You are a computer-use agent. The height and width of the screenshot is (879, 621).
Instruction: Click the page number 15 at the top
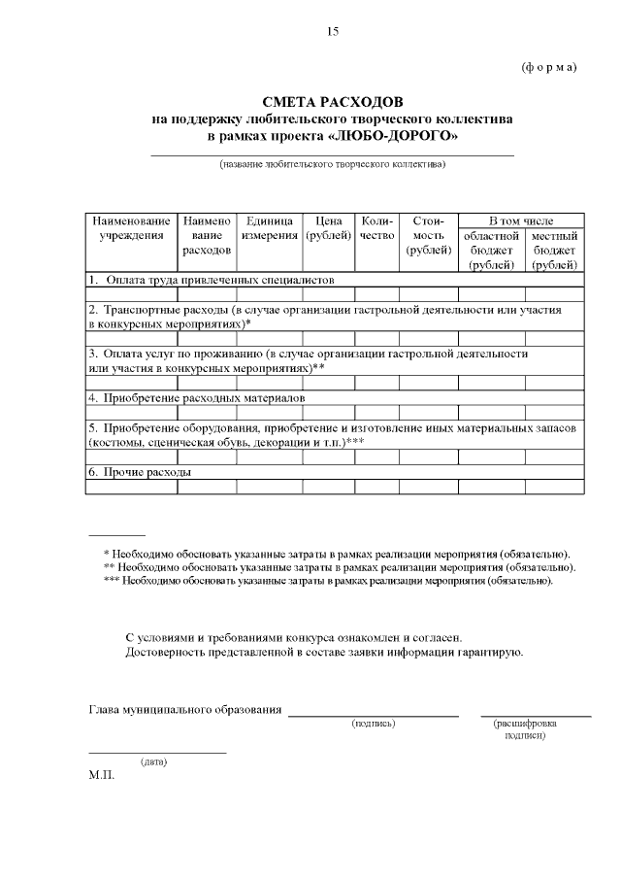332,32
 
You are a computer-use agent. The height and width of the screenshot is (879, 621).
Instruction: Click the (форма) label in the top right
549,67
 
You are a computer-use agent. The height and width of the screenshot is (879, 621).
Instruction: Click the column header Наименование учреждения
132,228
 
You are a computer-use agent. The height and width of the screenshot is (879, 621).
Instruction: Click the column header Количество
376,228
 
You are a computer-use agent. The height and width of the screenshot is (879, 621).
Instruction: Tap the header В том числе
521,220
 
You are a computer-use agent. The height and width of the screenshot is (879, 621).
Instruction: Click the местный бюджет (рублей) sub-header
555,250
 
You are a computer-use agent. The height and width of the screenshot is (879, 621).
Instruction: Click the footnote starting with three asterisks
328,580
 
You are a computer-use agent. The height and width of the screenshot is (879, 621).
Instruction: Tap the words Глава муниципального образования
185,710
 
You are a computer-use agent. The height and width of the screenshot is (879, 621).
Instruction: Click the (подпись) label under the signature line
374,724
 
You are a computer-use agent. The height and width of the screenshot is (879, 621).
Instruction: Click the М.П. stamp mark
101,775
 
